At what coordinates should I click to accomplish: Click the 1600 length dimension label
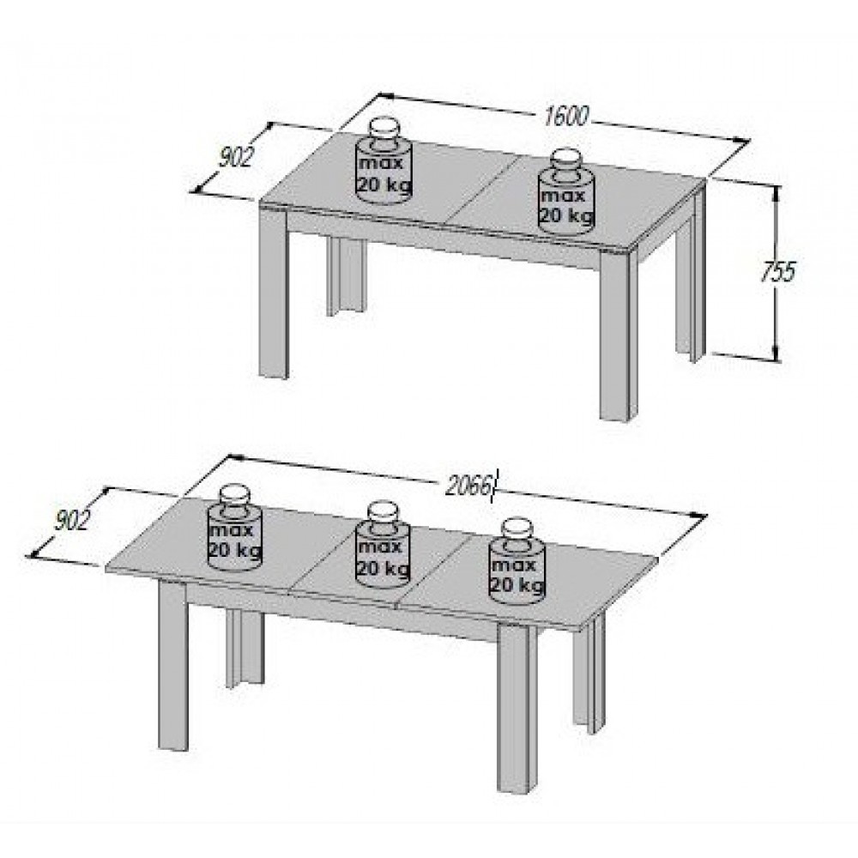(x=565, y=116)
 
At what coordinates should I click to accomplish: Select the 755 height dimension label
(x=777, y=270)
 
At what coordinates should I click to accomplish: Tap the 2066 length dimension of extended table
(x=468, y=485)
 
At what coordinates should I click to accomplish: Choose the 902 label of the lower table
(x=72, y=520)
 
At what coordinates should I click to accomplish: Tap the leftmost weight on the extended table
(x=234, y=528)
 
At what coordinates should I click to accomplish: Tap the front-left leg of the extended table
(x=173, y=664)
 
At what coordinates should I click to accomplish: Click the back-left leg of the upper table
(x=346, y=277)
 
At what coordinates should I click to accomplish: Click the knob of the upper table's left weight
(x=384, y=130)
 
